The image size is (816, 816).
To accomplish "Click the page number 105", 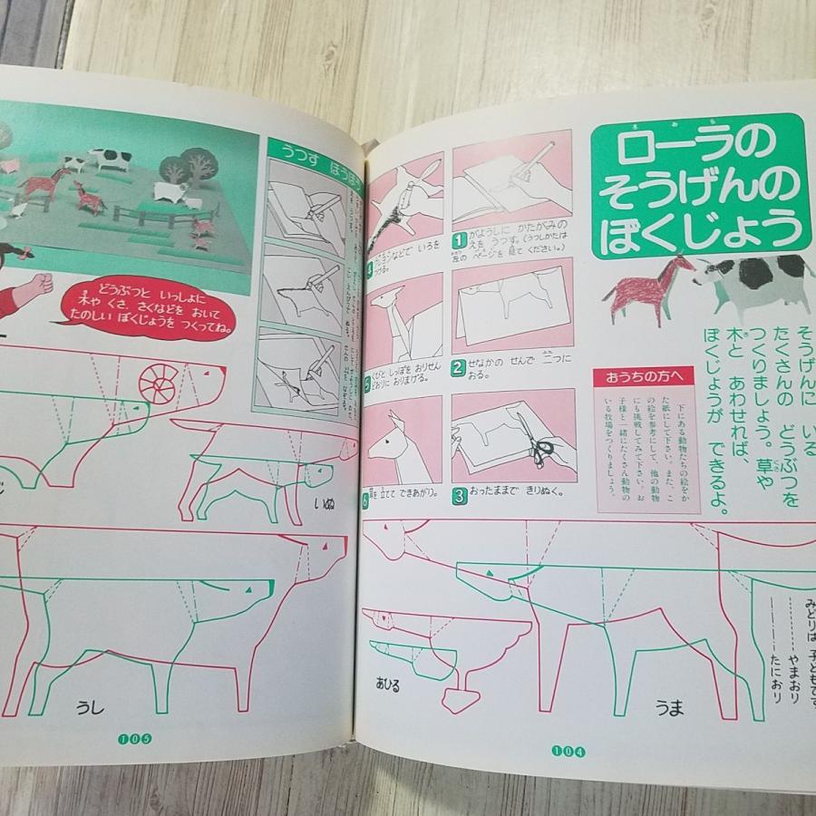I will (135, 738).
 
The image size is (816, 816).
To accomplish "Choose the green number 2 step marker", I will (460, 367).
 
